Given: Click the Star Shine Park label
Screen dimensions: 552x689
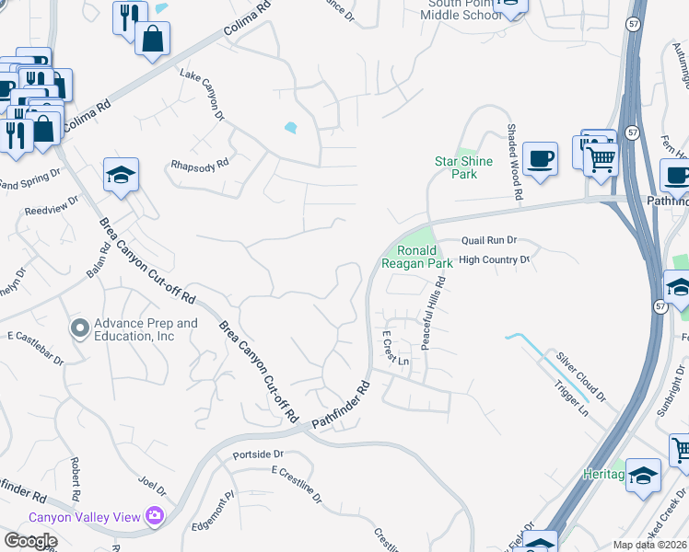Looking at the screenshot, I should (x=463, y=167).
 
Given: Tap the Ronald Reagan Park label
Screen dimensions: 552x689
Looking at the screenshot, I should (x=425, y=257).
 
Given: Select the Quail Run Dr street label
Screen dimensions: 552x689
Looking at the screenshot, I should (x=489, y=240).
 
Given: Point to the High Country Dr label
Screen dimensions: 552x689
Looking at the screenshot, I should (x=495, y=260).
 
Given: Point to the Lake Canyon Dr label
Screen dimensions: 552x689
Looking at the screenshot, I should (x=202, y=93).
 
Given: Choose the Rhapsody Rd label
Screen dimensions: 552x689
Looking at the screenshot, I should (x=200, y=166).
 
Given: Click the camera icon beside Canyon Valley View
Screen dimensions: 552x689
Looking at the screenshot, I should (x=154, y=517).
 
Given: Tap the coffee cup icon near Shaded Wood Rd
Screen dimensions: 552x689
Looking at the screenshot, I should (x=539, y=157).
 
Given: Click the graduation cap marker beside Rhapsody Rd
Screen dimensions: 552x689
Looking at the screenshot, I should (x=120, y=175).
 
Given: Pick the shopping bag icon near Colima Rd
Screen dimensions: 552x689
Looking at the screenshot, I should (x=152, y=39).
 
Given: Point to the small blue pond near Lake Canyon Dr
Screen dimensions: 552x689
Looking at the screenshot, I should (x=292, y=128).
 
